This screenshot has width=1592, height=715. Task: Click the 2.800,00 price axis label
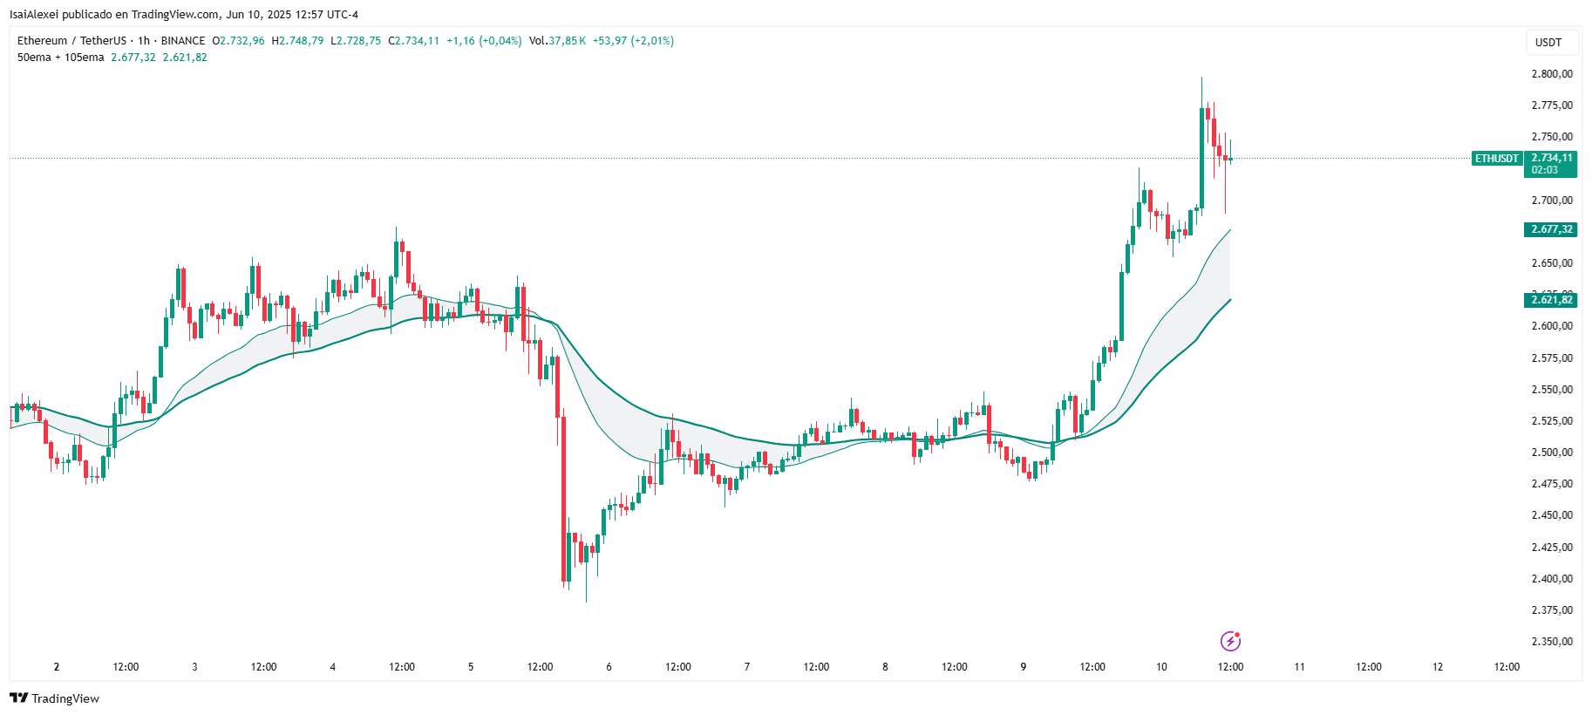pyautogui.click(x=1552, y=74)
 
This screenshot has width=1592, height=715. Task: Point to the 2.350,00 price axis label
pyautogui.click(x=1552, y=642)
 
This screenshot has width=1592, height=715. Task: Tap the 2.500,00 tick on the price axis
pyautogui.click(x=1552, y=453)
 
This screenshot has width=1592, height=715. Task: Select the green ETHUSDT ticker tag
pyautogui.click(x=1496, y=159)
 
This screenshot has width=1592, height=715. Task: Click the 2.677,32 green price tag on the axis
pyautogui.click(x=1552, y=229)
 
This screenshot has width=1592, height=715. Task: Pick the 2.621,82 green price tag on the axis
pyautogui.click(x=1552, y=300)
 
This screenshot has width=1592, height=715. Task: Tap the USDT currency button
pyautogui.click(x=1548, y=43)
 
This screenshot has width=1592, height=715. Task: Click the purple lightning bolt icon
pyautogui.click(x=1230, y=642)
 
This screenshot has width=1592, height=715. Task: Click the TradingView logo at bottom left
pyautogui.click(x=55, y=698)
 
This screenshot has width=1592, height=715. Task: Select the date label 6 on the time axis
pyautogui.click(x=609, y=667)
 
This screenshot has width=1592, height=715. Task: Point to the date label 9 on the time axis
pyautogui.click(x=1024, y=667)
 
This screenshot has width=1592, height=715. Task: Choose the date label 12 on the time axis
pyautogui.click(x=1438, y=667)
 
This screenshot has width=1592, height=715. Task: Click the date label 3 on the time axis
pyautogui.click(x=194, y=667)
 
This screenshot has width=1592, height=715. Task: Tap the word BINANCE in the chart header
pyautogui.click(x=183, y=41)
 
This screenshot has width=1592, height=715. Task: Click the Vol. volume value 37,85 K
pyautogui.click(x=567, y=41)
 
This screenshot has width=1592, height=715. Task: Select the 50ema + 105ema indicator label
pyautogui.click(x=61, y=58)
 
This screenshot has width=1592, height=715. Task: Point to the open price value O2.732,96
pyautogui.click(x=239, y=41)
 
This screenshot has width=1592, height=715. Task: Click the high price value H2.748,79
pyautogui.click(x=298, y=41)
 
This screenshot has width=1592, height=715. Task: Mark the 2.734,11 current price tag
pyautogui.click(x=1552, y=159)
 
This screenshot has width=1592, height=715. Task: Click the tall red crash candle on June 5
pyautogui.click(x=563, y=497)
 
